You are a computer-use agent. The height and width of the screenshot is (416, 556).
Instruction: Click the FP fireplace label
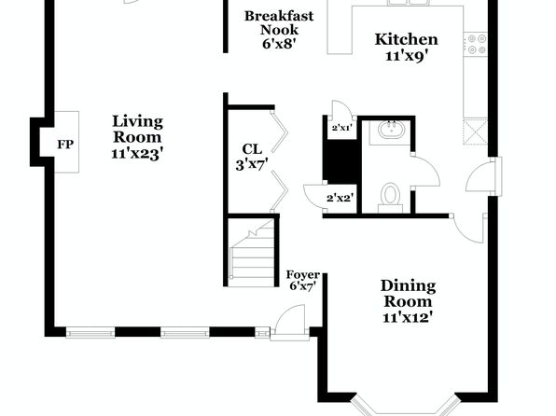(x=65, y=145)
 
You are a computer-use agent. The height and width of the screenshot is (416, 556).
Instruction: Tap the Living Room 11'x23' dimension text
(x=137, y=154)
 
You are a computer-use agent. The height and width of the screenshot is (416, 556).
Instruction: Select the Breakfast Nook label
(x=279, y=22)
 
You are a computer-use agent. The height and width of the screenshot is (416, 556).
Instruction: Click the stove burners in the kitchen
(x=477, y=44)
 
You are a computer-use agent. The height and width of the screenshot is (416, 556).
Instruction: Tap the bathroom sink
(x=392, y=130)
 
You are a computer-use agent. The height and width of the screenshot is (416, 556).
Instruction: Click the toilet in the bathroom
(x=390, y=198)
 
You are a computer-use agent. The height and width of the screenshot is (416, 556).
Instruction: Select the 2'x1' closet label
(x=341, y=128)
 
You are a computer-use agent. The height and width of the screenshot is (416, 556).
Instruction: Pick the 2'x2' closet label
(x=341, y=198)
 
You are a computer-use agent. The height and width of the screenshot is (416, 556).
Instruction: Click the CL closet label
(x=252, y=149)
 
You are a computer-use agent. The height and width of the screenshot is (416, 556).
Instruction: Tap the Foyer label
(x=303, y=274)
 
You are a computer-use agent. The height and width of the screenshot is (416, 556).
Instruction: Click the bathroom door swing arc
(x=426, y=171)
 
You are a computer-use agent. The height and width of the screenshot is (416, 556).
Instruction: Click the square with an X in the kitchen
(x=475, y=132)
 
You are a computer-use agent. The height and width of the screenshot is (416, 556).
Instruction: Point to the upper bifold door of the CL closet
(x=280, y=132)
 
